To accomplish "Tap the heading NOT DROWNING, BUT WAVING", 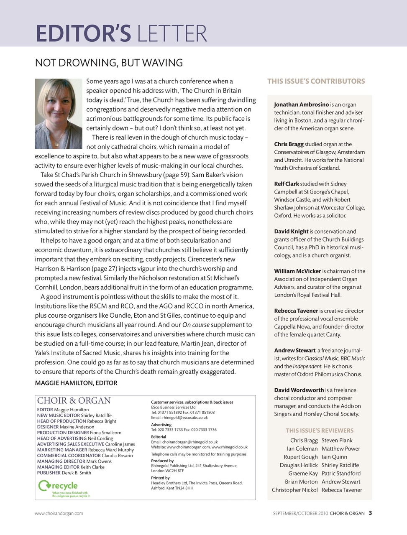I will click(x=109, y=63).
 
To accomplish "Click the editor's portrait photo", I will click(x=58, y=113).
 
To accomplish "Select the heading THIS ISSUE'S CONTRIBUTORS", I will click(x=316, y=82).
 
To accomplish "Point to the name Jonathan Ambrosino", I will click(x=301, y=104).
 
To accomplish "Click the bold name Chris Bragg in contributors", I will click(x=289, y=144).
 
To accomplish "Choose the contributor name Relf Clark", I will click(x=287, y=184).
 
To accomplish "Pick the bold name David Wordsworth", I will click(x=299, y=390).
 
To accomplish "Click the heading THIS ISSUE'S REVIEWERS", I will click(x=319, y=431).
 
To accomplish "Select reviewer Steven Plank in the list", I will click(x=337, y=441).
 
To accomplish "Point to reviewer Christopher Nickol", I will click(x=294, y=490).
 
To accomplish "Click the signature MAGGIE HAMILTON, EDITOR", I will click(x=76, y=383).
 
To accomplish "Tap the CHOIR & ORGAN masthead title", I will click(x=74, y=401).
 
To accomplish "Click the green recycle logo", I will click(x=58, y=486).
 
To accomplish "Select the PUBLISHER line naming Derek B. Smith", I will click(x=64, y=473).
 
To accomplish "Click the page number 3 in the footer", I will click(x=371, y=513).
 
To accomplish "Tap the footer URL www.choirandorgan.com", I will click(x=59, y=513).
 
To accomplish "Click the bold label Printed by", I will click(x=160, y=478).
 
